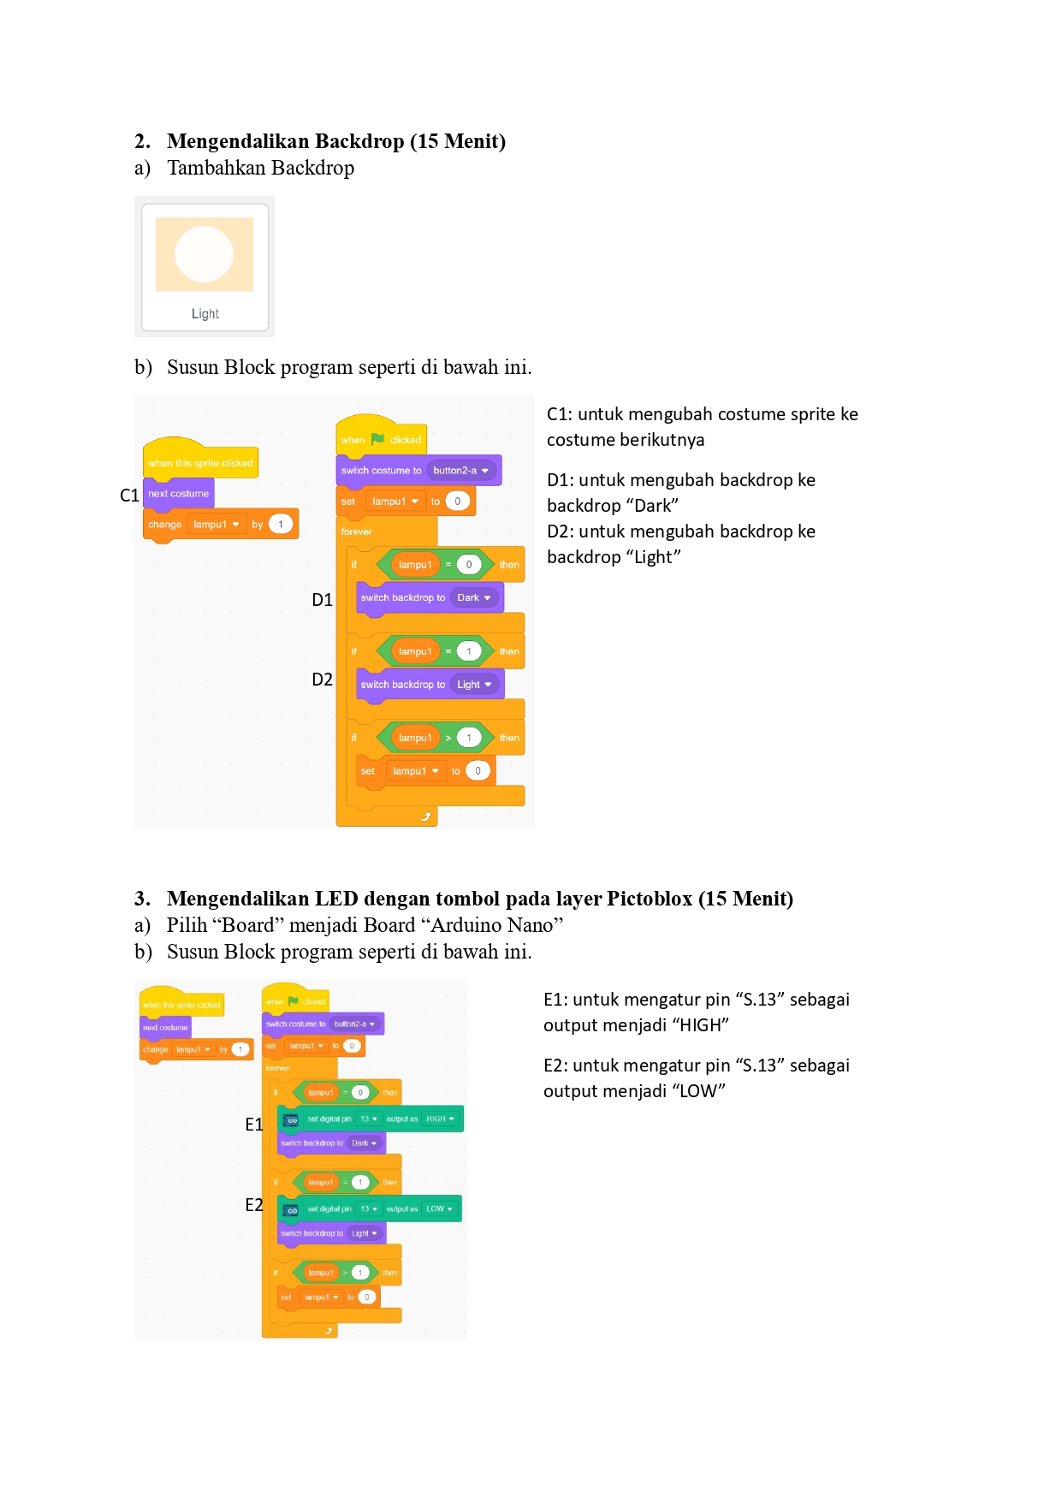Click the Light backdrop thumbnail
click(205, 266)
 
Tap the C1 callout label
click(129, 496)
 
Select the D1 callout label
click(322, 600)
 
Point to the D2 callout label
click(322, 680)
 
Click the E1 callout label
click(253, 1125)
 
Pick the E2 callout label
click(253, 1205)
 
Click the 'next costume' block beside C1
click(178, 494)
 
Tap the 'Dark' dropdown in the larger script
click(473, 598)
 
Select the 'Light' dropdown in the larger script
click(473, 685)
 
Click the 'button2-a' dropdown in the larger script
click(460, 471)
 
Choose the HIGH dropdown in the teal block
click(440, 1119)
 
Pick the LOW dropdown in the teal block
click(439, 1209)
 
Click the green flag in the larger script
click(377, 439)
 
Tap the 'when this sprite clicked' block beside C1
click(200, 463)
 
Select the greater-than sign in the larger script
click(448, 738)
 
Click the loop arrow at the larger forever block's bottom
click(425, 817)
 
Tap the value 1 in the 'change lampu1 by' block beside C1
click(281, 525)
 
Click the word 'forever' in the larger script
click(356, 531)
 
